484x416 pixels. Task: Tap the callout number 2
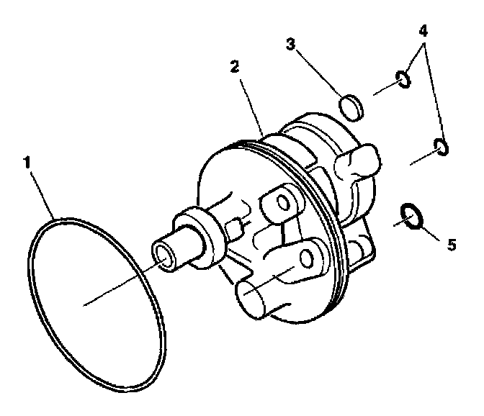234,65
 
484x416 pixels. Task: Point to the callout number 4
424,32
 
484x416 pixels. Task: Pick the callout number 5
452,245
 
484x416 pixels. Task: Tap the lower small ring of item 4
441,148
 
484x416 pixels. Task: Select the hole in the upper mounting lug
279,199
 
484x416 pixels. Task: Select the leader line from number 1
43,191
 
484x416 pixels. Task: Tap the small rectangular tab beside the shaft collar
233,232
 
